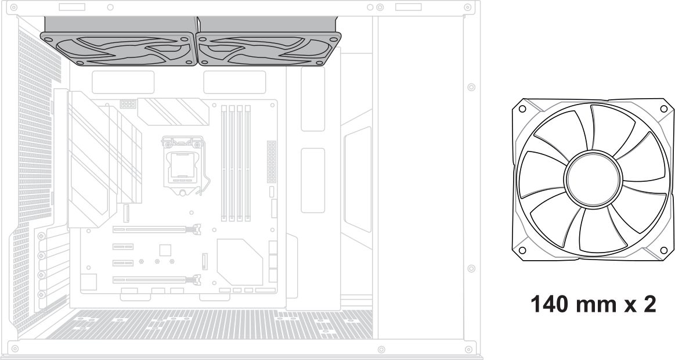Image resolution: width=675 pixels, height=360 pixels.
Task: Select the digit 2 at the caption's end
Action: [649, 304]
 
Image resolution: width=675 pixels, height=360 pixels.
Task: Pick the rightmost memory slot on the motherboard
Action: [247, 163]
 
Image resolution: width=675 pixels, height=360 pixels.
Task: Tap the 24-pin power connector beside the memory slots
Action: [270, 160]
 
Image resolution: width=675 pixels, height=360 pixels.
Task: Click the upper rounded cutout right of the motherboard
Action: [313, 99]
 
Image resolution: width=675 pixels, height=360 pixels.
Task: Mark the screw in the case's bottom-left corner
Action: [15, 348]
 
